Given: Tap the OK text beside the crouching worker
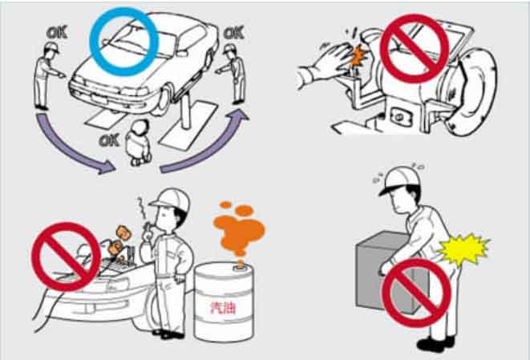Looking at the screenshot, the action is tap(109, 140).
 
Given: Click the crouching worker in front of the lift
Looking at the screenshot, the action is tap(139, 143).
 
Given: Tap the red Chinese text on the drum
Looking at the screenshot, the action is tap(223, 307).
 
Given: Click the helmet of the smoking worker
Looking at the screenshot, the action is tap(171, 200).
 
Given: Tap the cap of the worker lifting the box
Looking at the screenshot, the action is tap(399, 179).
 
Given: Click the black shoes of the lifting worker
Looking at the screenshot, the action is tap(435, 343).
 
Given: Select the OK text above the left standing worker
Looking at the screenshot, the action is tap(57, 33).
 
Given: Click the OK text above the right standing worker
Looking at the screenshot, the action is tap(233, 33).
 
